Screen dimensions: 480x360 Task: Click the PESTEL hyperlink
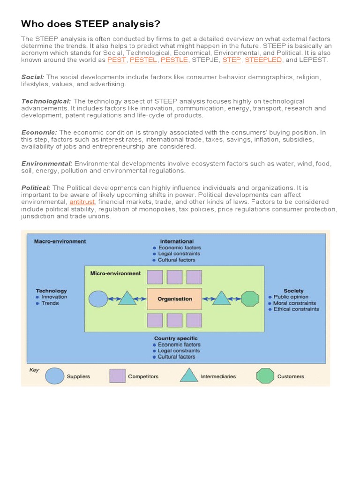point(143,60)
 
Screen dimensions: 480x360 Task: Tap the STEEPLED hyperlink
point(263,60)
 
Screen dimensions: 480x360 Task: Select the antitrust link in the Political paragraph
point(82,202)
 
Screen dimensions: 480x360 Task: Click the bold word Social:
point(33,77)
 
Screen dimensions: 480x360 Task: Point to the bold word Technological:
point(46,101)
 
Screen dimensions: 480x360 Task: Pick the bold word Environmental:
point(47,164)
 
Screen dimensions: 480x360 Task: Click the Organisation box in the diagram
point(174,299)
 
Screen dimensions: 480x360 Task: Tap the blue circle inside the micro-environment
point(98,299)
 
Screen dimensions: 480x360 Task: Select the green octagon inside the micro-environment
point(250,299)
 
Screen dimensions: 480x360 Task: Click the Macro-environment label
point(60,241)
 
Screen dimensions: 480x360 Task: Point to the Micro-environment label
point(115,273)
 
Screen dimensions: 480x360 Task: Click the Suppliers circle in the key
point(54,376)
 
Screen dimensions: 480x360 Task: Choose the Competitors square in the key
point(117,376)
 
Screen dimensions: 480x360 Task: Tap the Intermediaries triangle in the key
point(189,375)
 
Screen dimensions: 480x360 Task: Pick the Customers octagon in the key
point(265,376)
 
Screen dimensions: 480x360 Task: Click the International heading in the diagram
point(177,241)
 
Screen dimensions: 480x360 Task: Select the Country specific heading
point(176,338)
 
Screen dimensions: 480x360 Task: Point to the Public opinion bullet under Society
point(291,297)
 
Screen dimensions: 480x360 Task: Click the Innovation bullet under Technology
point(54,297)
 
